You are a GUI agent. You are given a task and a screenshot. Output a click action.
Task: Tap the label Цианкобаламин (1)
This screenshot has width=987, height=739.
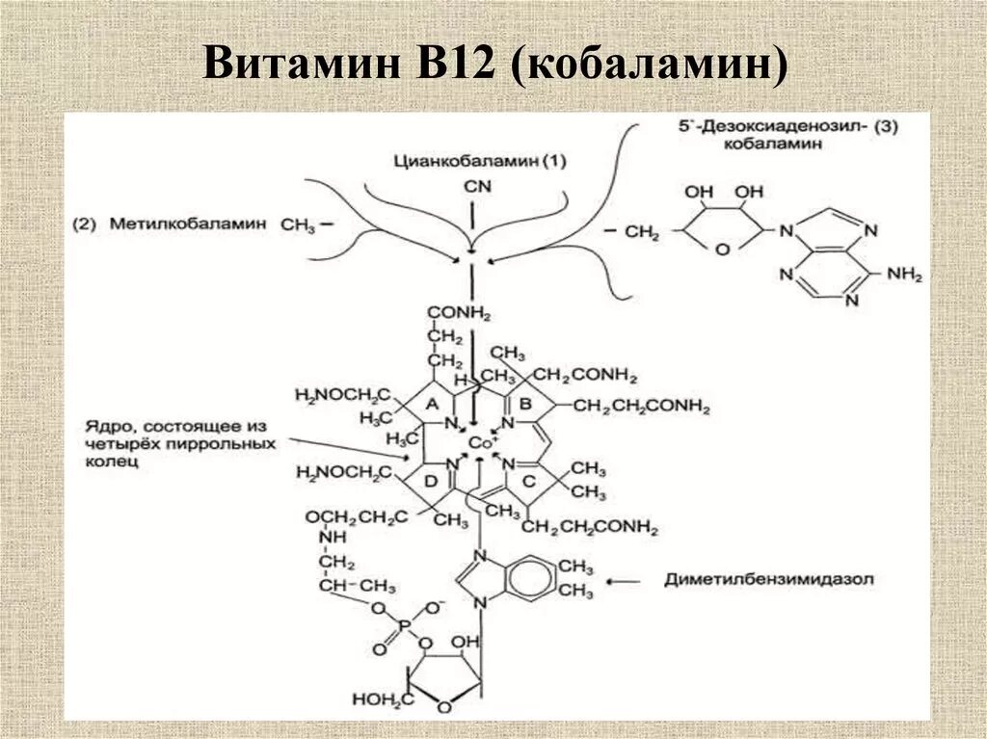(479, 162)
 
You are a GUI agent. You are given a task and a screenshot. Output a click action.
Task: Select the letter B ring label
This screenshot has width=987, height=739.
(525, 402)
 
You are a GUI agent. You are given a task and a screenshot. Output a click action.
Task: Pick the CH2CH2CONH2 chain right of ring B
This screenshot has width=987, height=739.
(641, 408)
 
